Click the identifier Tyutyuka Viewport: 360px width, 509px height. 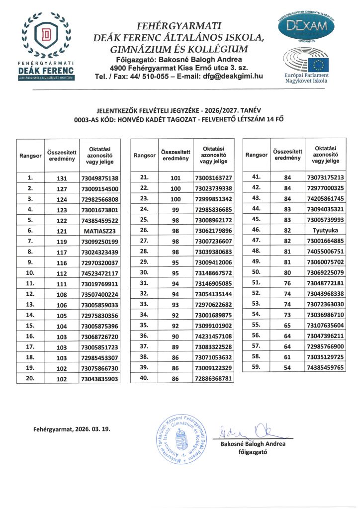(x=326, y=230)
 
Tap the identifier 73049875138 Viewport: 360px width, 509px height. (x=99, y=178)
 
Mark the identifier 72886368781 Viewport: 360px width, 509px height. (x=213, y=378)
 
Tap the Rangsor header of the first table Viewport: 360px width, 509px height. (x=30, y=156)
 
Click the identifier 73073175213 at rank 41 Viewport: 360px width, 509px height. (x=326, y=177)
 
